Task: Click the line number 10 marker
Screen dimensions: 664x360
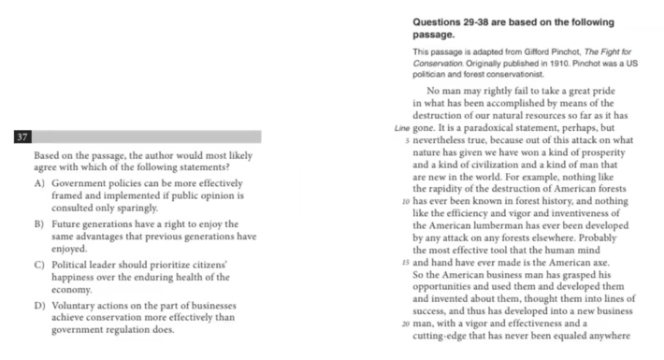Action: [x=405, y=201]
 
